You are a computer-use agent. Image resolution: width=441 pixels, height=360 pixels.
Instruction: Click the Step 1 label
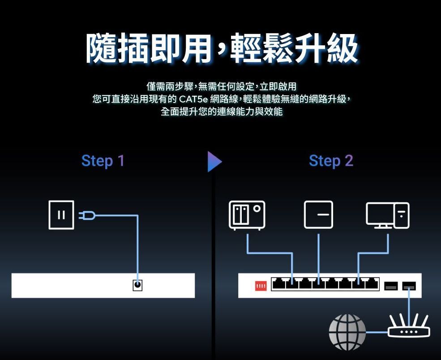click(103, 161)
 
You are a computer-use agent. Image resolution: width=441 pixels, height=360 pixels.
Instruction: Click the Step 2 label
click(331, 161)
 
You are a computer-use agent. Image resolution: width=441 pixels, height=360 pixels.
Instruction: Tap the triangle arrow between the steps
click(214, 162)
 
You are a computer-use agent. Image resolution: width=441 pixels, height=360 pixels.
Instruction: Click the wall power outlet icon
click(61, 215)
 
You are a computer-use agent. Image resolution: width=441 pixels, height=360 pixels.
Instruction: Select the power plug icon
click(86, 216)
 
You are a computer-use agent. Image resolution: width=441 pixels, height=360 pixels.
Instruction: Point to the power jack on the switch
click(137, 285)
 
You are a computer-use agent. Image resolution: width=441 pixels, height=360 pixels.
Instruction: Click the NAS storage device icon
click(247, 215)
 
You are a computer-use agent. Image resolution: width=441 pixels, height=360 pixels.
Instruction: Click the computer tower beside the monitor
click(402, 215)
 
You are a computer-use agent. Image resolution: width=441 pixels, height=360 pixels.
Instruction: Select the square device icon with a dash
click(318, 214)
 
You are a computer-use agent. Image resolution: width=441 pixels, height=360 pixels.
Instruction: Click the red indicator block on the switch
click(261, 286)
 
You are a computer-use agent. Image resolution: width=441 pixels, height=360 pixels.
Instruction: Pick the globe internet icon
click(347, 332)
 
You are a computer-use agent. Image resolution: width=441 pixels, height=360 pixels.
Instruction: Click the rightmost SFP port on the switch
click(409, 286)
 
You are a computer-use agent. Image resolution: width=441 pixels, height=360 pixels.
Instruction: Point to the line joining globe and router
click(377, 332)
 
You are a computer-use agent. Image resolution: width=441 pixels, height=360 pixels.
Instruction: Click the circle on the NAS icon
click(257, 209)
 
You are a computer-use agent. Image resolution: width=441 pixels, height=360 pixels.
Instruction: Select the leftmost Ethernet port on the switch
click(279, 284)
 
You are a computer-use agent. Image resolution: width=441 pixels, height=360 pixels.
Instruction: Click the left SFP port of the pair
click(391, 286)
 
